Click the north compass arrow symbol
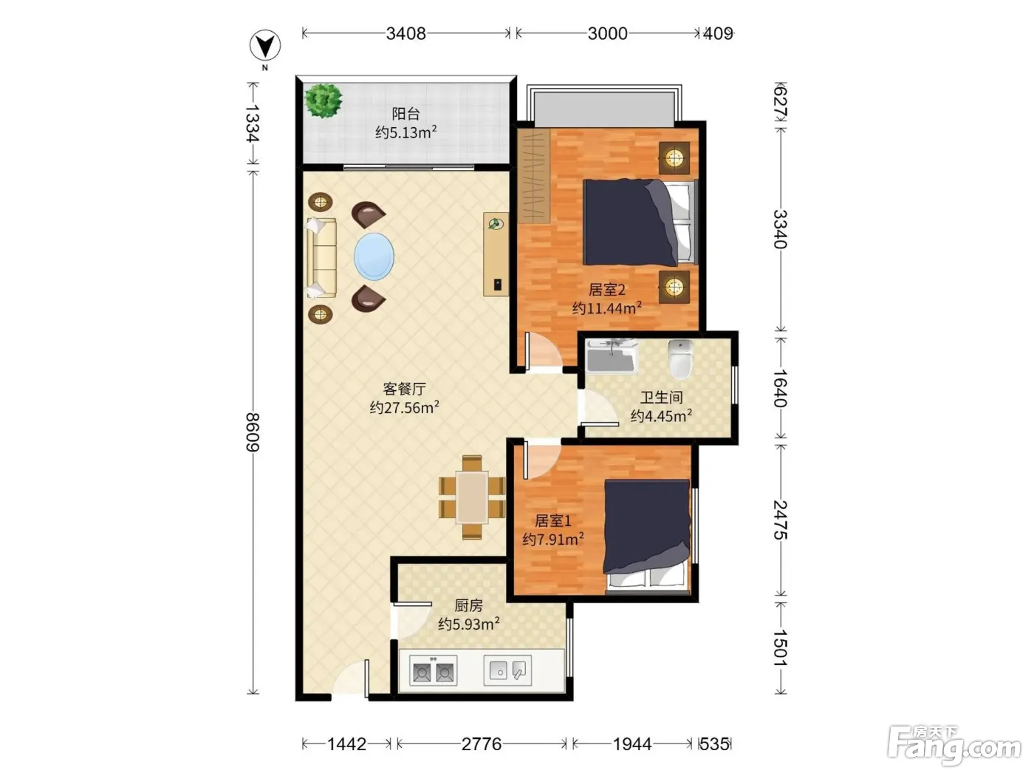coord(265,46)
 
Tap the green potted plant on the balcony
coord(323,101)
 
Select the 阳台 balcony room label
coord(405,114)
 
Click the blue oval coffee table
coord(374,256)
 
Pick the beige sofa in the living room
coord(322,258)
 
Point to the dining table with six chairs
coord(472,497)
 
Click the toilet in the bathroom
coord(680,359)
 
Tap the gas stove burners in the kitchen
coord(433,670)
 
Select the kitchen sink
coord(508,670)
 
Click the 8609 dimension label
coord(253,432)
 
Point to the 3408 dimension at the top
coord(405,33)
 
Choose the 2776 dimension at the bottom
coord(482,744)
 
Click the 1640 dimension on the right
coord(780,388)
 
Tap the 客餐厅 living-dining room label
coord(404,389)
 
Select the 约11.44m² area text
coord(607,308)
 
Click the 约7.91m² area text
coord(553,539)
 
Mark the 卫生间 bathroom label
coord(661,397)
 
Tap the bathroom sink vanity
coord(611,355)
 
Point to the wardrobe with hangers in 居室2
coord(534,176)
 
